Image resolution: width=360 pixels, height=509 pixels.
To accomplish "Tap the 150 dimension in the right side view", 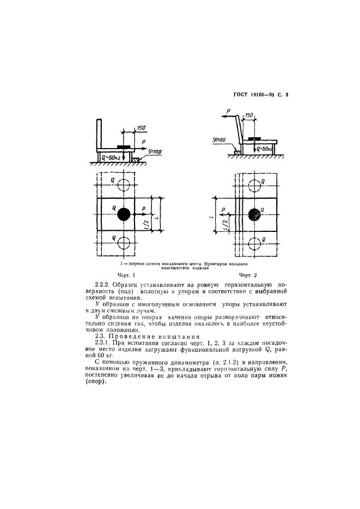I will (x=248, y=116).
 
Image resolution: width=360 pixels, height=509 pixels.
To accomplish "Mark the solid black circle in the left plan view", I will (x=124, y=214).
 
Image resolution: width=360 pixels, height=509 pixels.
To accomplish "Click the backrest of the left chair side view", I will (x=100, y=133).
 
